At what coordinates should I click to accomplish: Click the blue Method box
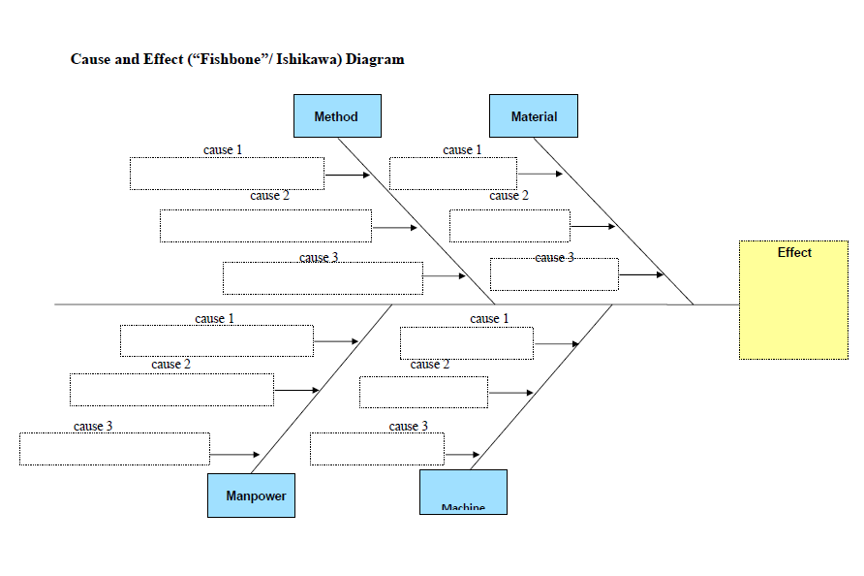point(337,115)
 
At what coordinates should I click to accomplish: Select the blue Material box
point(534,115)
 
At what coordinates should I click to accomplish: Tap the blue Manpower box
point(251,495)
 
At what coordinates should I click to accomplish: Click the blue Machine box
point(463,492)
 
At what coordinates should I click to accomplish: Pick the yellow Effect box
point(793,300)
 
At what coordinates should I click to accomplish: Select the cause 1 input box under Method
point(227,174)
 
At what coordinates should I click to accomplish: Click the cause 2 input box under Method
point(265,226)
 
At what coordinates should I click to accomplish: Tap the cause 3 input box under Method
point(323,278)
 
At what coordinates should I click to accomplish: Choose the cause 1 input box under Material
point(453,174)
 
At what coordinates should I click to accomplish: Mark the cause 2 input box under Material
point(509,226)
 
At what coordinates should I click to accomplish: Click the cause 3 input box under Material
point(554,274)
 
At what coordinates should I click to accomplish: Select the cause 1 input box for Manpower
point(217,340)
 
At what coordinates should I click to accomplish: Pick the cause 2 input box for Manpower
point(171,389)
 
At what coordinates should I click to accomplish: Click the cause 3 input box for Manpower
point(114,449)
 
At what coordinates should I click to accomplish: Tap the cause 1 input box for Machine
point(467,343)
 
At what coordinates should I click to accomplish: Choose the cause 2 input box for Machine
point(423,392)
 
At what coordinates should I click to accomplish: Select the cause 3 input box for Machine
point(377,449)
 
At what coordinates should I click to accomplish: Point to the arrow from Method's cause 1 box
point(348,176)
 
